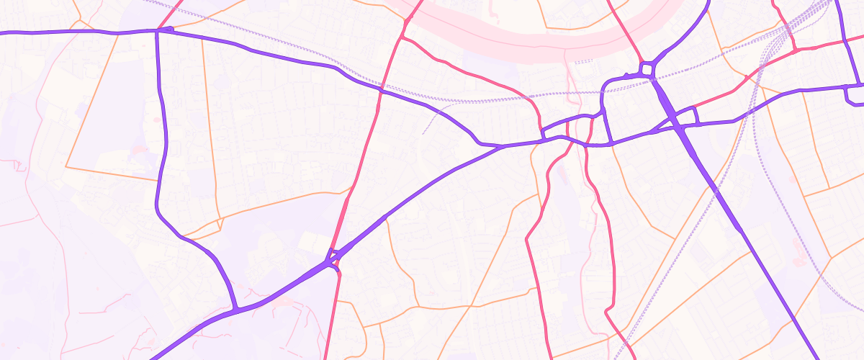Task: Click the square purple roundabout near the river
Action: coord(646,69)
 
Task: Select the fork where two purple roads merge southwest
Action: coord(235,310)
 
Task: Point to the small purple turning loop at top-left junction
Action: coord(168,30)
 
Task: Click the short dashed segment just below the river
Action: coord(583,62)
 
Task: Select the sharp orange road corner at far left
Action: coord(66,167)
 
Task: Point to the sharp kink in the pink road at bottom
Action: coord(607,311)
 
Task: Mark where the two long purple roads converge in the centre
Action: coord(502,146)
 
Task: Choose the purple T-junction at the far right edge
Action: coord(845,87)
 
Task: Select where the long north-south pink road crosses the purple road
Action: coord(379,91)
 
